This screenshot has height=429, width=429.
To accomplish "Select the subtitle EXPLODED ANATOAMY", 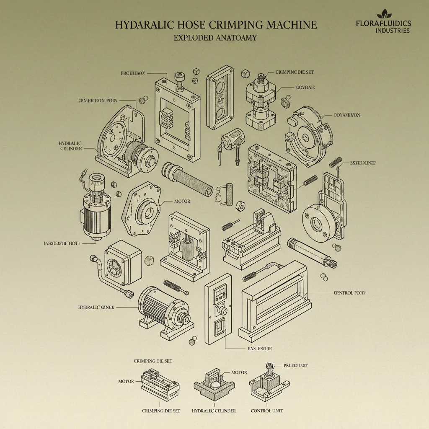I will click(x=215, y=38).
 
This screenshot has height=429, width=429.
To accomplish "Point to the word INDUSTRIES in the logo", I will click(x=393, y=31).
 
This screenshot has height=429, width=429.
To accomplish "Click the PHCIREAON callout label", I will click(x=133, y=73).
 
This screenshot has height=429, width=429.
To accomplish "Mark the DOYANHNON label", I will click(x=347, y=115).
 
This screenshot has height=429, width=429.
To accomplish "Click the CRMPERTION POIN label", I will click(x=98, y=101).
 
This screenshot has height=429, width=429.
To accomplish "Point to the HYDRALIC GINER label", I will click(x=96, y=307).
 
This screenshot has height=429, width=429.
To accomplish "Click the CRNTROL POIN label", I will click(x=349, y=293).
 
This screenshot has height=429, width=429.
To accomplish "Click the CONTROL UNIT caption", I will click(x=267, y=411).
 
